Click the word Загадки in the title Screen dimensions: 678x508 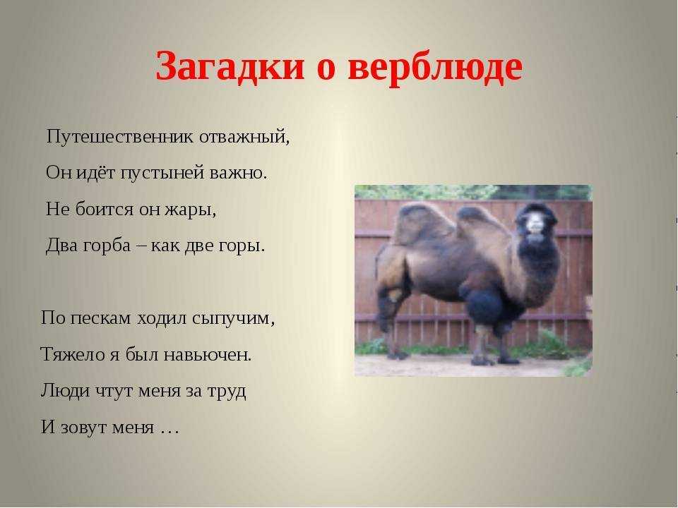click(230, 67)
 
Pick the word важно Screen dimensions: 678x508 click(238, 173)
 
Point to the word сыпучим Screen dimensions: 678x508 click(233, 319)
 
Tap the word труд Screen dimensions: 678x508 click(227, 392)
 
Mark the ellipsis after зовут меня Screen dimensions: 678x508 click(169, 430)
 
